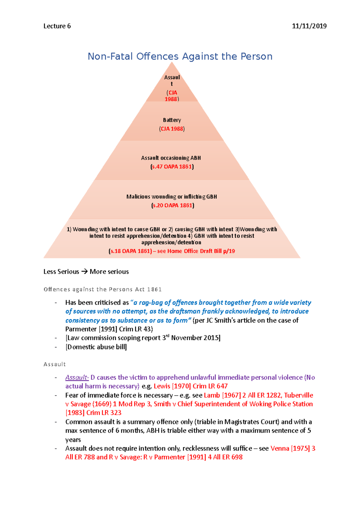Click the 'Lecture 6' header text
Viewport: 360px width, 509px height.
pyautogui.click(x=57, y=26)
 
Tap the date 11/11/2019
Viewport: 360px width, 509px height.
pyautogui.click(x=309, y=26)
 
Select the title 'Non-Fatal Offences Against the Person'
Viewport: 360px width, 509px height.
pyautogui.click(x=180, y=56)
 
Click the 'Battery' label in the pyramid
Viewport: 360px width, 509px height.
pyautogui.click(x=172, y=120)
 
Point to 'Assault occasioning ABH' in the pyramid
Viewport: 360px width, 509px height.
pyautogui.click(x=171, y=158)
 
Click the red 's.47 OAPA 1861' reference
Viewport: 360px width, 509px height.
pyautogui.click(x=172, y=167)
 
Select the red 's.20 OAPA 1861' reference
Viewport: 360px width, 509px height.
pyautogui.click(x=172, y=205)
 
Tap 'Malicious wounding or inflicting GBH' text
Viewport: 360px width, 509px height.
pyautogui.click(x=172, y=197)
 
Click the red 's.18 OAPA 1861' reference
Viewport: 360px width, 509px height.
pyautogui.click(x=131, y=251)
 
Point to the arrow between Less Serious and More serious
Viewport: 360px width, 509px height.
pyautogui.click(x=84, y=272)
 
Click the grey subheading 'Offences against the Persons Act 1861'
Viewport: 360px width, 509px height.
pyautogui.click(x=103, y=289)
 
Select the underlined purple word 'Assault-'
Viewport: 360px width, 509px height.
pyautogui.click(x=77, y=377)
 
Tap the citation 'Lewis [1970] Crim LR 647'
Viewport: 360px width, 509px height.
pyautogui.click(x=190, y=386)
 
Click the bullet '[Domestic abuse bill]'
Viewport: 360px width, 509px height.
pyautogui.click(x=96, y=347)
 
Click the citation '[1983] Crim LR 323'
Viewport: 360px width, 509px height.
pyautogui.click(x=93, y=413)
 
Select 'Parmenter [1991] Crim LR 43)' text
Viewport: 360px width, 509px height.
pyautogui.click(x=109, y=329)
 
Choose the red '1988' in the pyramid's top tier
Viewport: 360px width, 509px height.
pyautogui.click(x=171, y=99)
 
